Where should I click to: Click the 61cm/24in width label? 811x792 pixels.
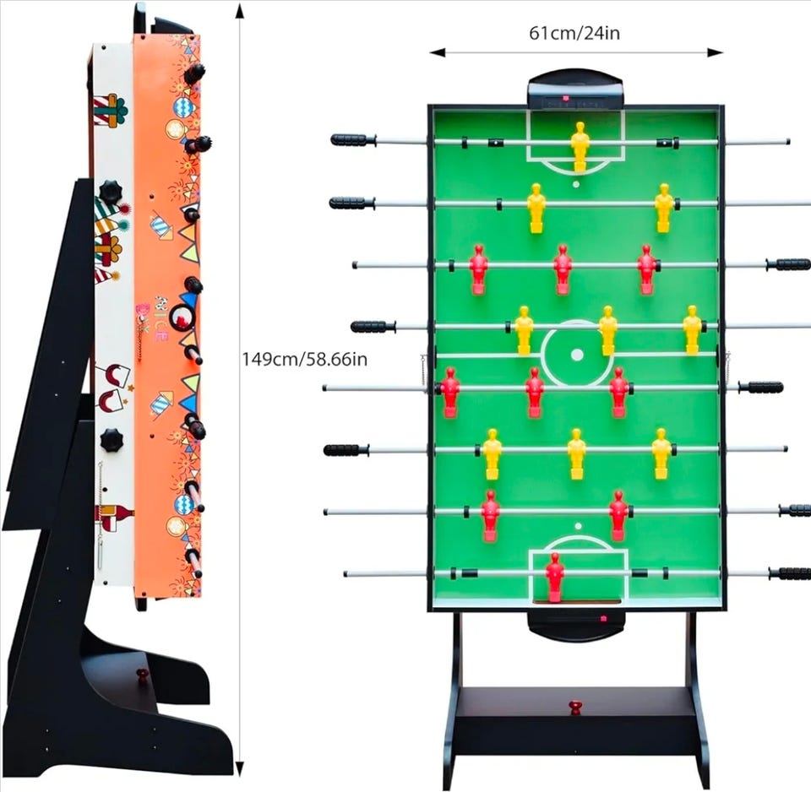[574, 33]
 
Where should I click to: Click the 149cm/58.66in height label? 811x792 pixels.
[304, 359]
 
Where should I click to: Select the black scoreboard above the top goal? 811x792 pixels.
[575, 90]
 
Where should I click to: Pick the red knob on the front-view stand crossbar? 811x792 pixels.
[575, 706]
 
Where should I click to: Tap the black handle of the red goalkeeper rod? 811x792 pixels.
[789, 573]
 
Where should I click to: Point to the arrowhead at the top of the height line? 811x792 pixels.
[240, 10]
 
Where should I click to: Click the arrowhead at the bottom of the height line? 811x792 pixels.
[240, 775]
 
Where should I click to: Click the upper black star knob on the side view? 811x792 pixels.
[110, 190]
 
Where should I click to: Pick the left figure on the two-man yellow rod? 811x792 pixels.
[536, 207]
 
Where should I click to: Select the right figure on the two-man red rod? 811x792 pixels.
[618, 513]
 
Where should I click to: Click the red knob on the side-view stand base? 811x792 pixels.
[142, 676]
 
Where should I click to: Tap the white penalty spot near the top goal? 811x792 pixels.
[576, 183]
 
